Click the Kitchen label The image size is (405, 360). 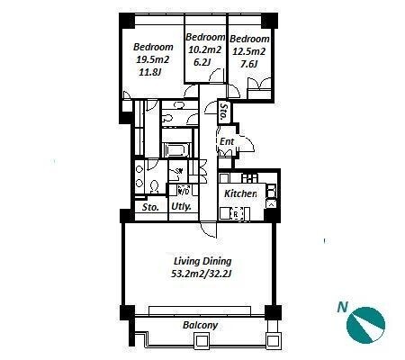click(240, 193)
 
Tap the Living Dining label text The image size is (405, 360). click(202, 261)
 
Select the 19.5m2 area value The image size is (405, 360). click(153, 59)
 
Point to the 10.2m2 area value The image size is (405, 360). click(205, 49)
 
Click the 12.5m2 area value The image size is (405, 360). click(249, 51)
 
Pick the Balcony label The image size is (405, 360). click(201, 325)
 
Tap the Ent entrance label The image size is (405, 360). click(227, 141)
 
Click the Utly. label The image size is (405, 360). click(181, 207)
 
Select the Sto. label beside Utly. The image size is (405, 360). click(150, 207)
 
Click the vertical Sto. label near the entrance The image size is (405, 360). click(223, 112)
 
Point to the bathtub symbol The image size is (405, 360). click(175, 150)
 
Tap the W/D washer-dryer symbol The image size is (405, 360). click(184, 190)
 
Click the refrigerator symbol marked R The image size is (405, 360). click(236, 214)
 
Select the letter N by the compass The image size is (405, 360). click(342, 308)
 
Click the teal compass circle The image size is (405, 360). click(365, 325)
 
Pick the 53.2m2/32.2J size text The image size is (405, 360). click(202, 274)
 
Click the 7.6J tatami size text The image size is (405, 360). click(249, 64)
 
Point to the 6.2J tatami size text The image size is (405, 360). click(202, 62)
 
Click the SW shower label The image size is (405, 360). click(179, 171)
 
